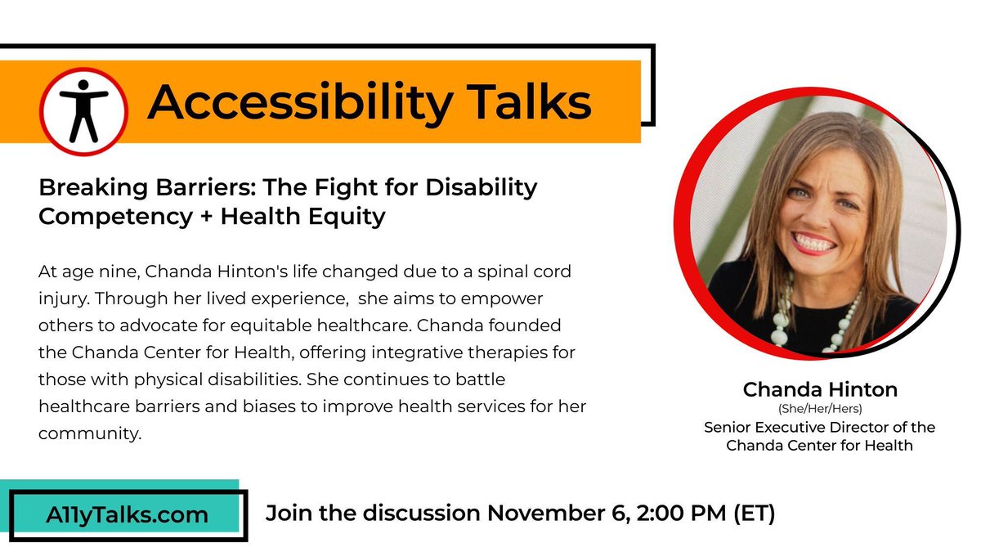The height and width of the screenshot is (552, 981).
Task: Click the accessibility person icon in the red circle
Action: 84,110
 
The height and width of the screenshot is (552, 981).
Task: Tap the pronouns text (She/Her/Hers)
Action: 820,410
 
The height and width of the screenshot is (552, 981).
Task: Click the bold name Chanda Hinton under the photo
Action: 820,390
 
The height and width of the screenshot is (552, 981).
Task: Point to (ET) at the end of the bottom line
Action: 752,514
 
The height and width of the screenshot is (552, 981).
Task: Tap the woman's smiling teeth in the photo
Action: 814,242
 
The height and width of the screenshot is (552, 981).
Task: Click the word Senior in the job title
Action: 727,428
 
